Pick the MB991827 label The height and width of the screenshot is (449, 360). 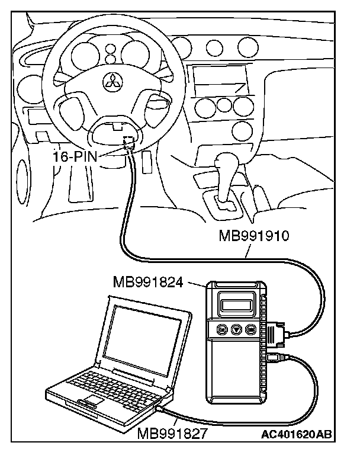point(172,434)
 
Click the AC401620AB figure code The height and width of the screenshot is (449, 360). point(295,434)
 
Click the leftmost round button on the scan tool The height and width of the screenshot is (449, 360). point(221,330)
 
